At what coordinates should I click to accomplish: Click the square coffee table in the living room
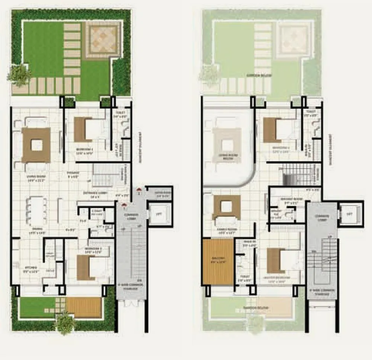[x=36, y=144]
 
